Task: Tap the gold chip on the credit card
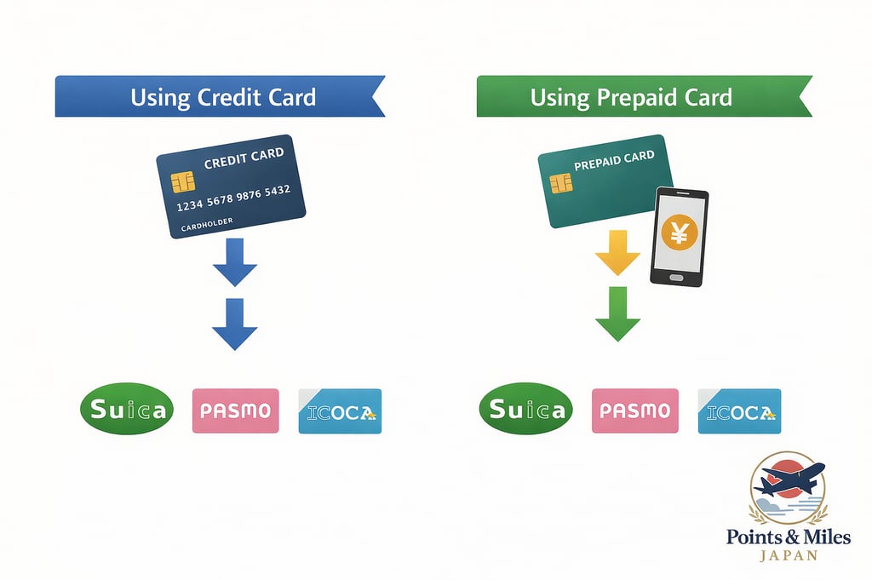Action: point(182,181)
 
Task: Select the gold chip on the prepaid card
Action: point(560,183)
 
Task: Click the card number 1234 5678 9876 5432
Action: point(233,197)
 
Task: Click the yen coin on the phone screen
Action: point(679,232)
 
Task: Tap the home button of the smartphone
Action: point(679,277)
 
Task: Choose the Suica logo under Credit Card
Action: point(127,411)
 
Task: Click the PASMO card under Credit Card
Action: point(236,411)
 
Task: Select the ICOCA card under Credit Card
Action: point(340,411)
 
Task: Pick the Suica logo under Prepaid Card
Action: point(526,411)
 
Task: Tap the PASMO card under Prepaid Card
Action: point(635,411)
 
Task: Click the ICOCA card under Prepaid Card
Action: point(739,411)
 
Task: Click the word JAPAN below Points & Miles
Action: point(789,556)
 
